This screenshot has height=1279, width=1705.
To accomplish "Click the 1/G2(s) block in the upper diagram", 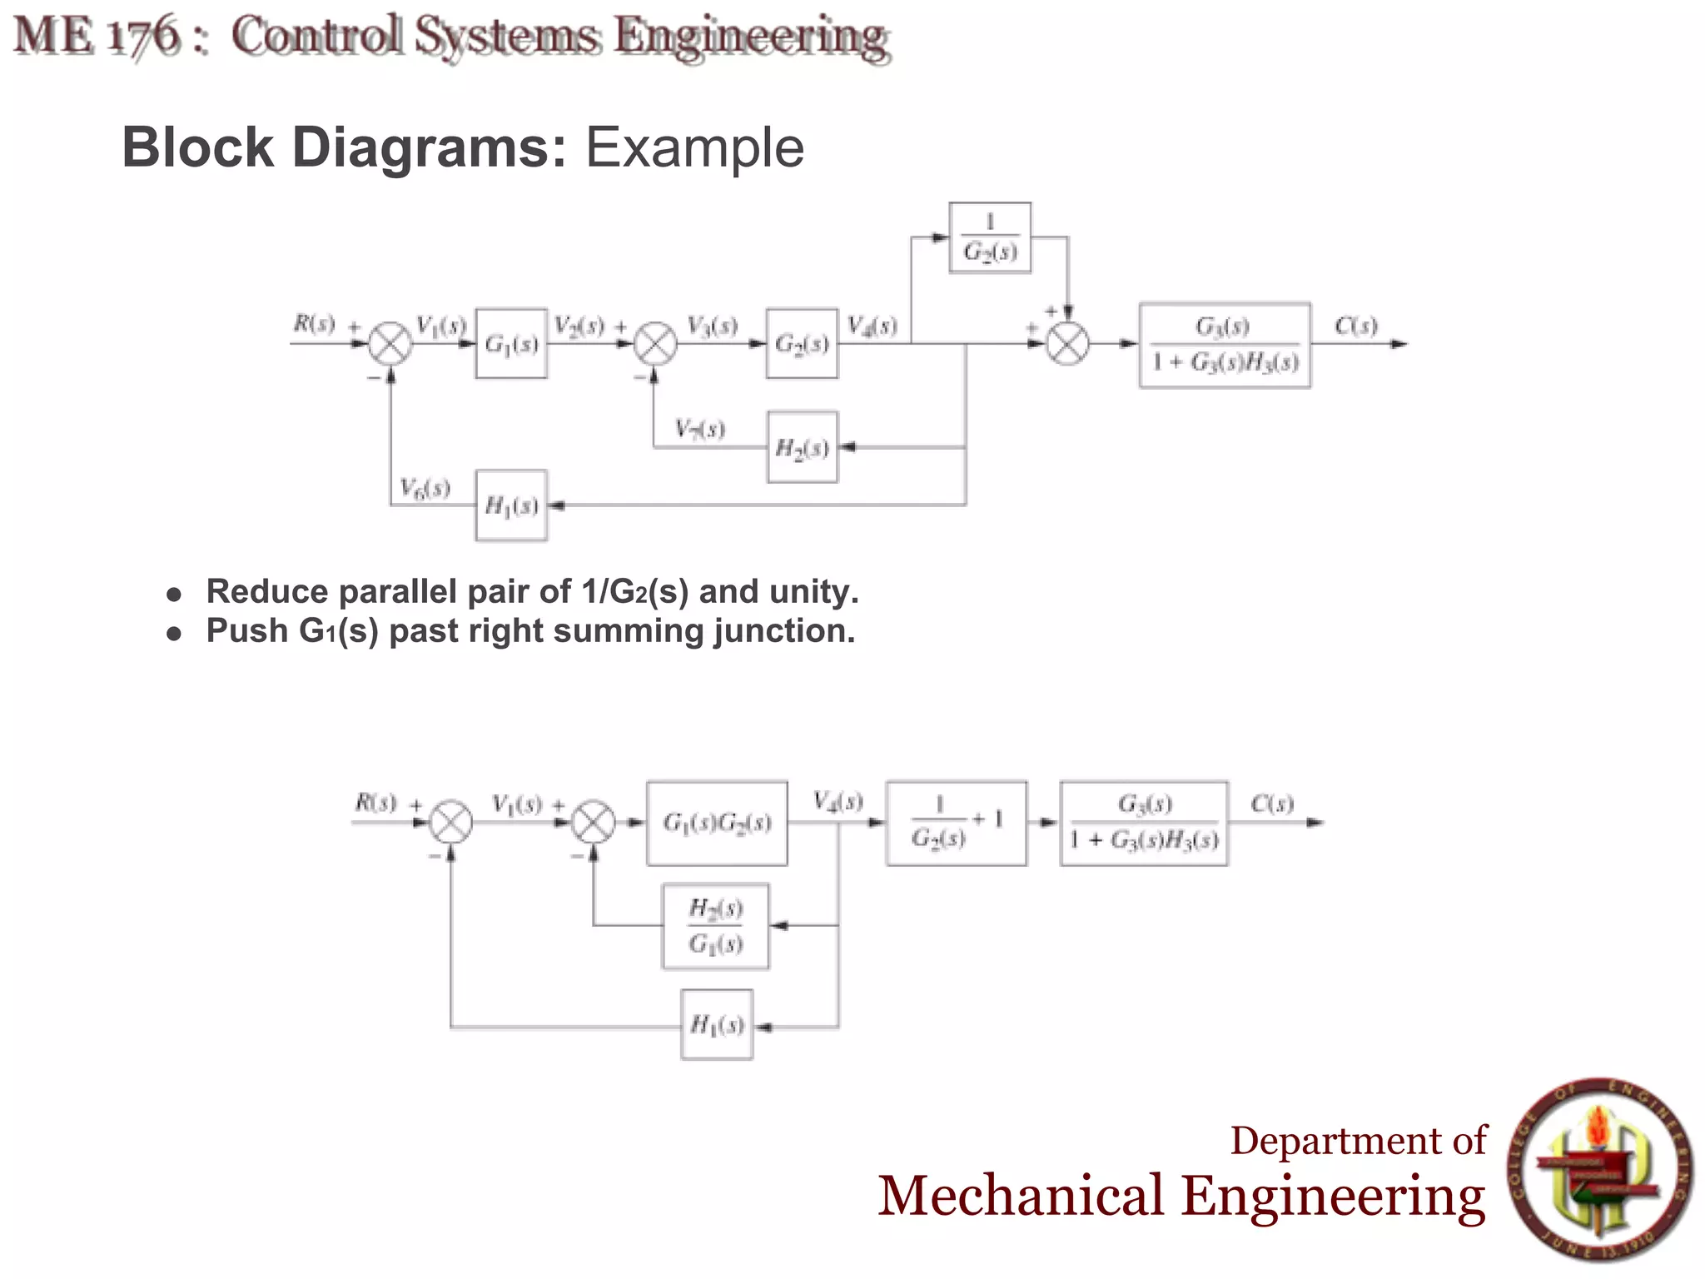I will pyautogui.click(x=990, y=238).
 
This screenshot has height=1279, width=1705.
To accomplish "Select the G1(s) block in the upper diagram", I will pyautogui.click(x=511, y=344).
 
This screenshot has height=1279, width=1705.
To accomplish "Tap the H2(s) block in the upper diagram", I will pyautogui.click(x=802, y=448).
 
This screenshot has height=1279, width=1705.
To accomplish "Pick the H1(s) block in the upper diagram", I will pyautogui.click(x=511, y=505).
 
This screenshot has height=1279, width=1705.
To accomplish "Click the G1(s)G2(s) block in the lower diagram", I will pyautogui.click(x=717, y=824).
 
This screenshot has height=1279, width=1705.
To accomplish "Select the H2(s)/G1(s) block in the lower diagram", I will pyautogui.click(x=715, y=926).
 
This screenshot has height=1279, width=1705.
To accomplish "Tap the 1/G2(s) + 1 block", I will pyautogui.click(x=956, y=824).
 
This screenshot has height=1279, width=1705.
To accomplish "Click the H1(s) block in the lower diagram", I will pyautogui.click(x=717, y=1025).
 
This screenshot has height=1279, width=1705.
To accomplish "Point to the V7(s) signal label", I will pyautogui.click(x=699, y=430).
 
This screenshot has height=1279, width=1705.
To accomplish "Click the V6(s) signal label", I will pyautogui.click(x=425, y=487).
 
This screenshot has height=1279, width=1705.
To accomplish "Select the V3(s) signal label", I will pyautogui.click(x=712, y=326).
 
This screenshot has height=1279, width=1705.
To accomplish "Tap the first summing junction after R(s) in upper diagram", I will pyautogui.click(x=390, y=344).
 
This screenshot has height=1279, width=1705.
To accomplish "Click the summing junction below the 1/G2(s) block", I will pyautogui.click(x=1067, y=344).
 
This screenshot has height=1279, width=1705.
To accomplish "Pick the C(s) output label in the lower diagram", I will pyautogui.click(x=1271, y=804).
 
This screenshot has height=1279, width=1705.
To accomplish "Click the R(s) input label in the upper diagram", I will pyautogui.click(x=314, y=324).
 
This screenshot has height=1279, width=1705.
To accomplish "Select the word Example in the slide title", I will pyautogui.click(x=694, y=148).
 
